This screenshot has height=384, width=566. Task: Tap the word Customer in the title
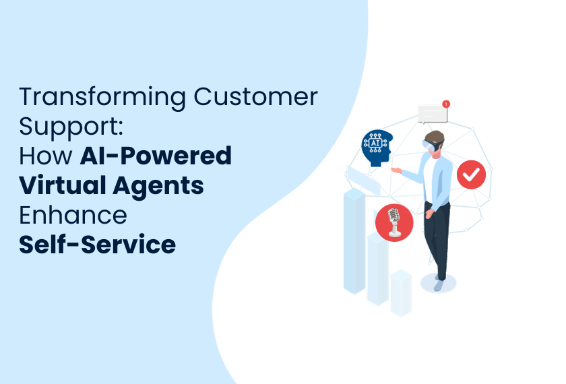pyautogui.click(x=255, y=96)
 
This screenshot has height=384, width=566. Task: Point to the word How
pyautogui.click(x=46, y=156)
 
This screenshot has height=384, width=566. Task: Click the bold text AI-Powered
pyautogui.click(x=156, y=156)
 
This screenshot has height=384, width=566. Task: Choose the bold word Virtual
pyautogui.click(x=62, y=185)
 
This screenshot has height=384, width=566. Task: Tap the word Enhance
pyautogui.click(x=73, y=215)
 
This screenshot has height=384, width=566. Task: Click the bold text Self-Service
pyautogui.click(x=97, y=245)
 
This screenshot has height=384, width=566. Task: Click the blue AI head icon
pyautogui.click(x=377, y=148)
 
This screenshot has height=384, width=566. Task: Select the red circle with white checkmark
pyautogui.click(x=471, y=174)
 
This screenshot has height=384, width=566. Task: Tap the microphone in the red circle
pyautogui.click(x=394, y=222)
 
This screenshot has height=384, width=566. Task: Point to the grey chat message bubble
pyautogui.click(x=433, y=114)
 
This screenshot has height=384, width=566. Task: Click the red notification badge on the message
pyautogui.click(x=446, y=104)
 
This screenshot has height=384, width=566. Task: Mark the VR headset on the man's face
pyautogui.click(x=431, y=146)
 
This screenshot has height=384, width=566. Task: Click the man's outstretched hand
pyautogui.click(x=396, y=170)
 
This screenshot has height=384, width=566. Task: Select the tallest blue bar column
pyautogui.click(x=354, y=241)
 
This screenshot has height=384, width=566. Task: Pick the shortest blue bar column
pyautogui.click(x=401, y=292)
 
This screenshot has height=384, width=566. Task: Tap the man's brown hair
pyautogui.click(x=435, y=137)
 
